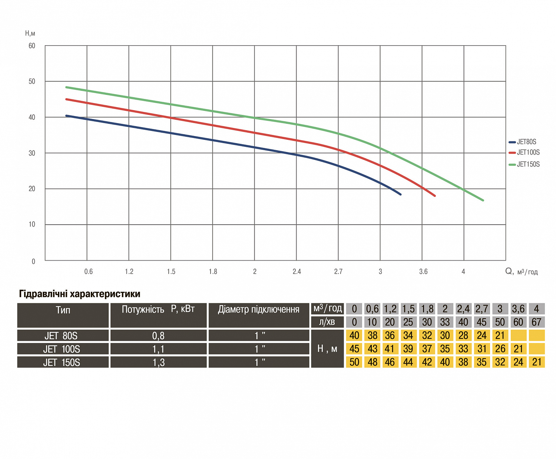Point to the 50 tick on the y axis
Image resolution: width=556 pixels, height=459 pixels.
[32, 82]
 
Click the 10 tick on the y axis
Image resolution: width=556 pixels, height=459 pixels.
[32, 224]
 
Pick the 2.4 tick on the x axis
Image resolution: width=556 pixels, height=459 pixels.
[297, 272]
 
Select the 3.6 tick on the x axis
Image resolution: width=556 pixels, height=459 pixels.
[423, 272]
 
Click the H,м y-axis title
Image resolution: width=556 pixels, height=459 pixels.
[30, 33]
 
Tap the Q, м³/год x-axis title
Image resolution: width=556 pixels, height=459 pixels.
[522, 272]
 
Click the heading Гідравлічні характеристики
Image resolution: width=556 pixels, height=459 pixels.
[80, 294]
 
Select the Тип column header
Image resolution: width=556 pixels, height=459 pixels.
[63, 310]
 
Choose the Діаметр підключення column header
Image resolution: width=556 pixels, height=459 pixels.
[259, 310]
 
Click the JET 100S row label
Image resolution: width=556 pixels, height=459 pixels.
[62, 349]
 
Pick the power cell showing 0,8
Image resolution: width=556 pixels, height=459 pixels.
[158, 336]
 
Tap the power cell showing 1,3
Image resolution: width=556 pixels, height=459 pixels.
[158, 363]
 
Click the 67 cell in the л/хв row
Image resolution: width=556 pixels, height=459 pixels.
[536, 322]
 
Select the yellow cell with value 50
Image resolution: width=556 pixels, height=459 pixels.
[354, 362]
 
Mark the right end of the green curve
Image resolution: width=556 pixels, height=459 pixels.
[483, 200]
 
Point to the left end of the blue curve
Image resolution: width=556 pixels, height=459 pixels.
[67, 116]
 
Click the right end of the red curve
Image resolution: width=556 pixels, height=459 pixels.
[434, 195]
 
